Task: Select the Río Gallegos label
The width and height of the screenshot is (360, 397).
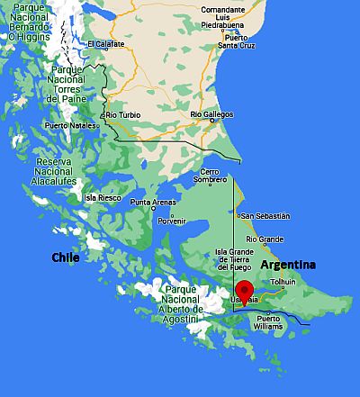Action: pyautogui.click(x=211, y=114)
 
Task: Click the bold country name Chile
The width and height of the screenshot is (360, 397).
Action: pyautogui.click(x=65, y=257)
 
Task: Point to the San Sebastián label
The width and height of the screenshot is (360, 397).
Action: pyautogui.click(x=265, y=216)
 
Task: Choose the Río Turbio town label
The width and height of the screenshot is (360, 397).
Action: pyautogui.click(x=124, y=115)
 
